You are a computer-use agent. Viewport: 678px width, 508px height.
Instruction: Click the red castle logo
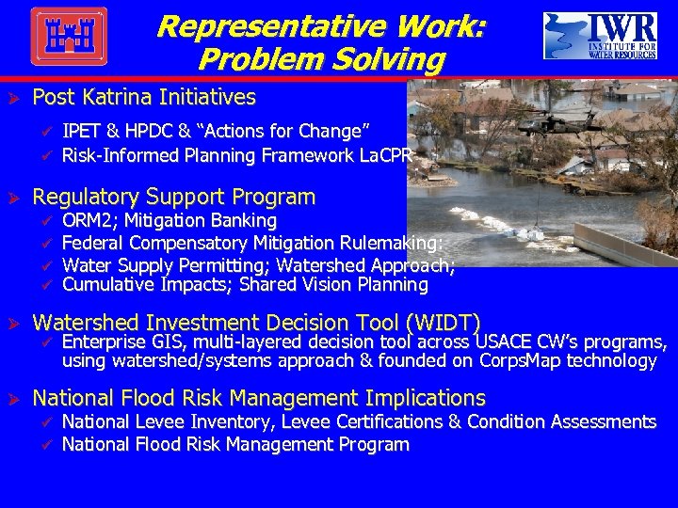point(69,37)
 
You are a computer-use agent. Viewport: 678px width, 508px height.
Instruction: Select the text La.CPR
point(386,155)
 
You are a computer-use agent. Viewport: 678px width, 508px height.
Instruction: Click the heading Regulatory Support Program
point(174,197)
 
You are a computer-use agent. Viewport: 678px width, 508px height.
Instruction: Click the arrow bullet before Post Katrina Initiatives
point(15,97)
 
